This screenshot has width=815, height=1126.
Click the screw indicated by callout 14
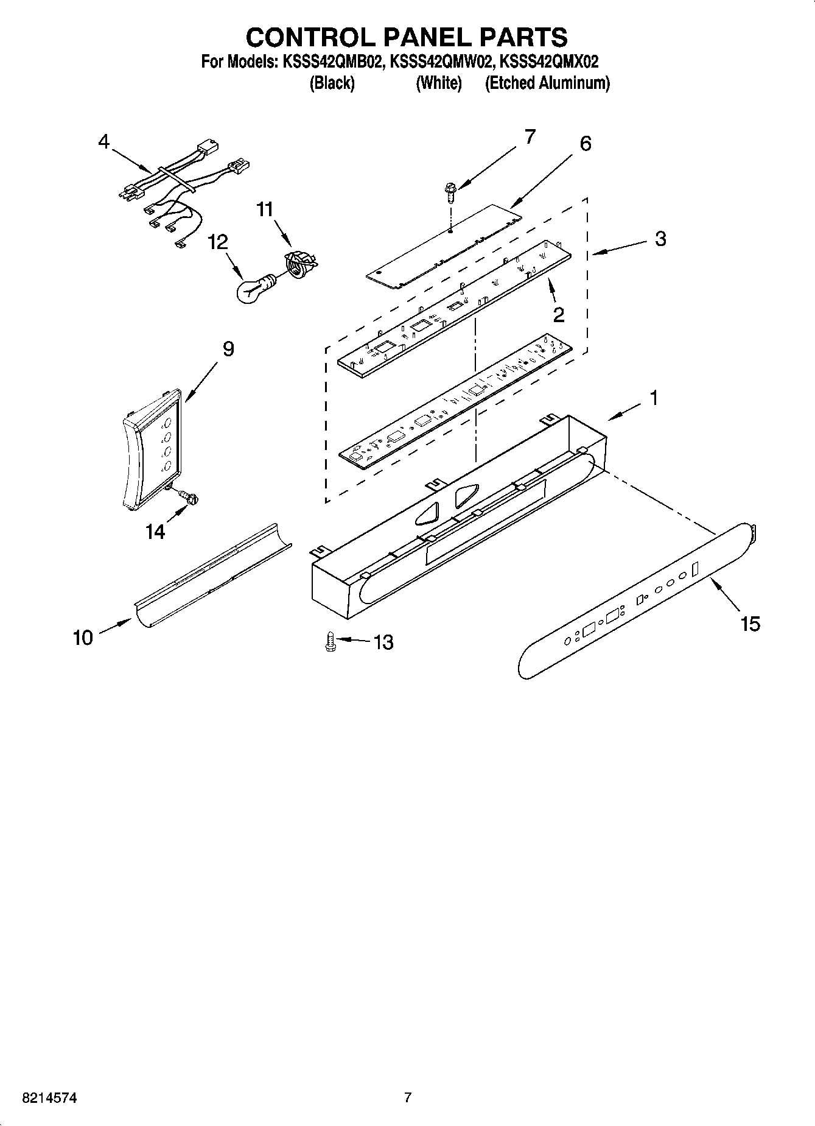click(x=190, y=498)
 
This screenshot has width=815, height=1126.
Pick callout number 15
click(x=750, y=624)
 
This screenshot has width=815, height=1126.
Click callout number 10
click(x=83, y=638)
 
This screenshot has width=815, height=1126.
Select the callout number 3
click(x=660, y=239)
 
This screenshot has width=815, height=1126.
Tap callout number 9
click(x=228, y=349)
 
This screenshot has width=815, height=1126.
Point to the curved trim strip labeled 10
click(x=210, y=576)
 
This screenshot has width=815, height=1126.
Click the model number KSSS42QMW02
click(x=441, y=62)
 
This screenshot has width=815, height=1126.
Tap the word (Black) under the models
click(x=332, y=83)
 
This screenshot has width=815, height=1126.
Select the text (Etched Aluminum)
click(x=547, y=83)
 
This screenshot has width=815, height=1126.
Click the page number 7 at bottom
click(x=408, y=1098)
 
